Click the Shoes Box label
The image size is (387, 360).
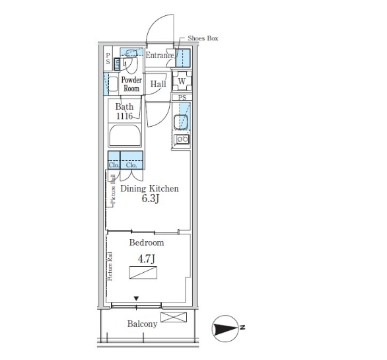(x=203, y=38)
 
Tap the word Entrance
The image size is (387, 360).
(x=160, y=55)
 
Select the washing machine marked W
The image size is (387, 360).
(x=182, y=81)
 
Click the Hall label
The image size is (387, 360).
(x=158, y=84)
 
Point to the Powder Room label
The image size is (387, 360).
(x=131, y=84)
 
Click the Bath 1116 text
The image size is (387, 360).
(x=124, y=111)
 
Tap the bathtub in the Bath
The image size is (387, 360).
(x=125, y=135)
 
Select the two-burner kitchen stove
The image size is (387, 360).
(x=183, y=139)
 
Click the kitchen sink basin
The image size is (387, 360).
(x=181, y=122)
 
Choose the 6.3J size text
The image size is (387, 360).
(x=150, y=199)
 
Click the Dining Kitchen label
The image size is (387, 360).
(x=149, y=189)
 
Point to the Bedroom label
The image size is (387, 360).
(x=147, y=242)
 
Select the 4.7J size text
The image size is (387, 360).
(x=147, y=259)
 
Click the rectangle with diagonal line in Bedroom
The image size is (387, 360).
(x=143, y=273)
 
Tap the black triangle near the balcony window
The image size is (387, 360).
(x=136, y=299)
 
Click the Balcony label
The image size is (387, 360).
(x=142, y=324)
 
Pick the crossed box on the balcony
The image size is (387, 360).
(x=174, y=317)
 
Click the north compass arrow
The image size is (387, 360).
(x=225, y=329)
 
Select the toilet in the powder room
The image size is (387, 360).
(x=130, y=61)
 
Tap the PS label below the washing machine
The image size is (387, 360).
(x=182, y=98)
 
